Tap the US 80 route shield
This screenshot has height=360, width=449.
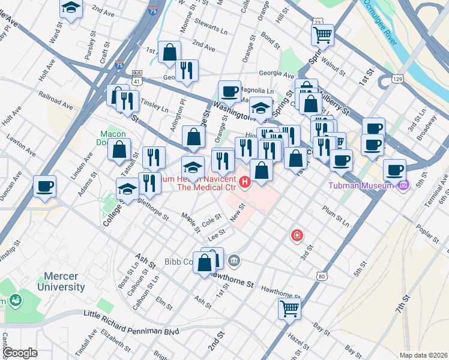(x=322, y=276)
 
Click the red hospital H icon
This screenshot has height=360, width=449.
(x=244, y=182)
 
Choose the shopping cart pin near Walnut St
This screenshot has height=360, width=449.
(x=323, y=35)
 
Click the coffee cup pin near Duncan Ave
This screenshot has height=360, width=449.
(x=45, y=185)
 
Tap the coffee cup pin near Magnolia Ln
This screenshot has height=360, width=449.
(x=229, y=91)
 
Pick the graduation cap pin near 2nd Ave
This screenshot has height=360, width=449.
(x=71, y=8)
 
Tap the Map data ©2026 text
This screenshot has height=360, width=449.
(x=423, y=355)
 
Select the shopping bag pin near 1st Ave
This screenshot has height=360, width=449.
(x=170, y=52)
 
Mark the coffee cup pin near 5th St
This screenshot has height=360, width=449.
(x=394, y=170)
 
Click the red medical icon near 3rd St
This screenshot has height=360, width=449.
(x=297, y=235)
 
